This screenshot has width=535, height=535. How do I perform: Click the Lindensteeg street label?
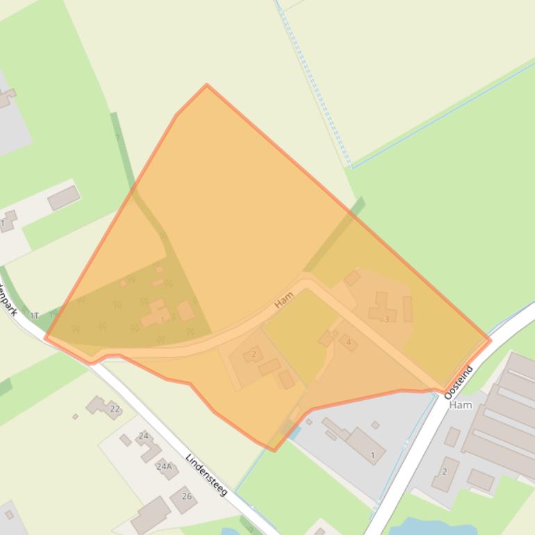(x=206, y=475)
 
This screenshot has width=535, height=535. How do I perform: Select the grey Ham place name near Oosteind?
(x=461, y=405)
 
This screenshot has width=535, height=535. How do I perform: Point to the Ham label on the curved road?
(x=283, y=299)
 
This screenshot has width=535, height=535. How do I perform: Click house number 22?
(x=115, y=409)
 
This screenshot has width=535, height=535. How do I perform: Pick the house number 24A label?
(x=164, y=466)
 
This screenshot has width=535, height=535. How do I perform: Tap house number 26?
(x=186, y=496)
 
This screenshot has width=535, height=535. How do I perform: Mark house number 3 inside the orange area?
(x=387, y=320)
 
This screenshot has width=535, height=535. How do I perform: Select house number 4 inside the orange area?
(x=349, y=343)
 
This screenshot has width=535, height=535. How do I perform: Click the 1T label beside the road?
(x=34, y=316)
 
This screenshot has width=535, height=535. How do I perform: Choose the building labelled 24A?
(x=167, y=468)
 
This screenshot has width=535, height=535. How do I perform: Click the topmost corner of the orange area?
(x=206, y=85)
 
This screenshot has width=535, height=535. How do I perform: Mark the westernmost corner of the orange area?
(x=45, y=338)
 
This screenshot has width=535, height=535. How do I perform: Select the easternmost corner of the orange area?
(x=491, y=340)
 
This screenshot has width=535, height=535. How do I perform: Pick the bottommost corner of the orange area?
(x=274, y=451)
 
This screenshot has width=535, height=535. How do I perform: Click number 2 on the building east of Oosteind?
(x=445, y=472)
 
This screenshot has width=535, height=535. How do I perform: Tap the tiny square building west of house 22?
(x=75, y=417)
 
